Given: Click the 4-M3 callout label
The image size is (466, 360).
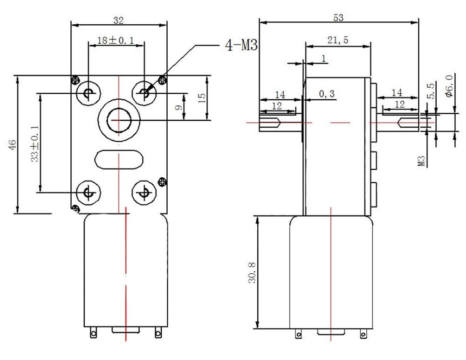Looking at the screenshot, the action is tap(241, 46).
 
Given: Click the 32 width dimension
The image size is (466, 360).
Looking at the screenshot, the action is tap(118, 21).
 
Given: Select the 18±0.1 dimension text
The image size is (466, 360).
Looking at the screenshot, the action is tap(116, 40).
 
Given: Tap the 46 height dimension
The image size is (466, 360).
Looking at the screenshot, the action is tap(12, 145).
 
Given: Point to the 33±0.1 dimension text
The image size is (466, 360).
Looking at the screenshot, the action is tap(35, 144).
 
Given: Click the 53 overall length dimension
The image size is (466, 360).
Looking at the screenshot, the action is tap(338, 18).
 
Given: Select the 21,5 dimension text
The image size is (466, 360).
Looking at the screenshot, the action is tap(337, 40).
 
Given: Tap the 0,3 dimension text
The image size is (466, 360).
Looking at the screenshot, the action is tap(327, 94).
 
